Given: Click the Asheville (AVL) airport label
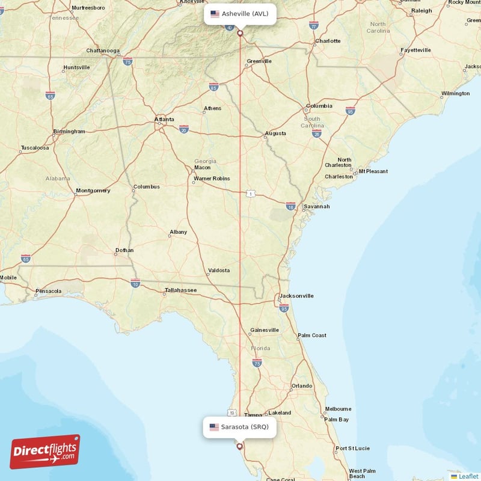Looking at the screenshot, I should [x=240, y=13].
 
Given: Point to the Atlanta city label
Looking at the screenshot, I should [x=164, y=120].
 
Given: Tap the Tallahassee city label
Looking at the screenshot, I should [x=180, y=290].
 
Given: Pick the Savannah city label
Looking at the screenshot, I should [x=316, y=206].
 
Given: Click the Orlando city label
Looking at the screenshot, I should [x=302, y=385].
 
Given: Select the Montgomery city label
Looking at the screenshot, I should [x=93, y=191].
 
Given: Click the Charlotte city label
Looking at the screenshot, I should [x=328, y=41].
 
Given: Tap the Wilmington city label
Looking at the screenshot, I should [x=455, y=93].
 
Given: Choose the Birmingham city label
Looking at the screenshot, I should [x=69, y=131].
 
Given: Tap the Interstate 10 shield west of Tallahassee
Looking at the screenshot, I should [x=135, y=283].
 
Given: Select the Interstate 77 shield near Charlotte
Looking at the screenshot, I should [x=314, y=26].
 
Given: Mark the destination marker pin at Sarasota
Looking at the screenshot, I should [x=240, y=447].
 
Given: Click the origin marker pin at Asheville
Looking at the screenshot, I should [x=240, y=33].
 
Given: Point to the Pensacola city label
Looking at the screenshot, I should [x=48, y=292].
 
